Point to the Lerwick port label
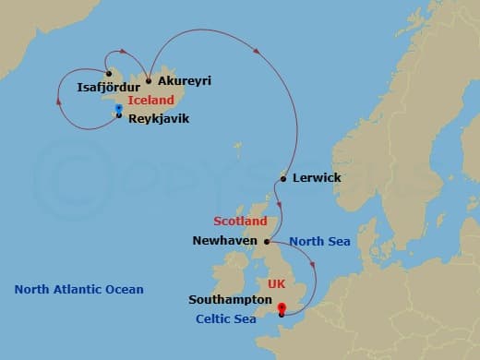(x=317, y=177)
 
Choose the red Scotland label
(x=240, y=222)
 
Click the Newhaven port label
(x=225, y=241)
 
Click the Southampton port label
(x=229, y=300)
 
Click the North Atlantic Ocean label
(x=78, y=290)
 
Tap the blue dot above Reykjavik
(x=119, y=108)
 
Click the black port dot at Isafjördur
(x=109, y=74)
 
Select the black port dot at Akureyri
(x=149, y=80)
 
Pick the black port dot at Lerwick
(x=282, y=178)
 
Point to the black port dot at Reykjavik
(x=119, y=115)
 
